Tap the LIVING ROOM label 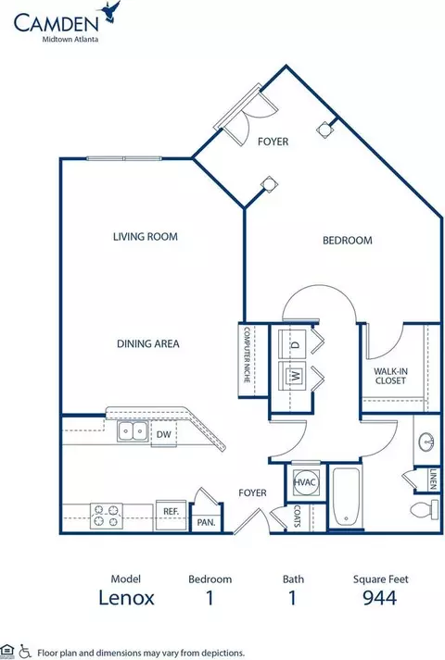[x=146, y=237]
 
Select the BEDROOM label [x=348, y=241]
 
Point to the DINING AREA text [x=148, y=344]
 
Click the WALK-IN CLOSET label [x=390, y=376]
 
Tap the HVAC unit [x=304, y=482]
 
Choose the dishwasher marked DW [x=163, y=434]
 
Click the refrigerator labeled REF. [x=172, y=515]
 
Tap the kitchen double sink [x=133, y=431]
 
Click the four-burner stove [x=107, y=516]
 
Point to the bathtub [x=346, y=497]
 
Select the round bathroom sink [x=427, y=442]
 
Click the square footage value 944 [x=380, y=597]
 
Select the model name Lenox [x=126, y=597]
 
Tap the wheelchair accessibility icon [x=25, y=651]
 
